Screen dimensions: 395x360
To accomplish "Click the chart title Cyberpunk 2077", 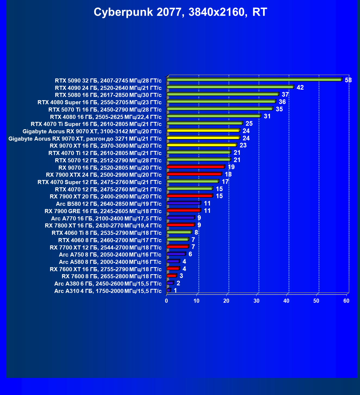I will [x=180, y=12].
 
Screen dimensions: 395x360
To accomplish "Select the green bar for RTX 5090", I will [x=254, y=80].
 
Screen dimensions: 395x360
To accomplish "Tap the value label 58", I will [x=348, y=80].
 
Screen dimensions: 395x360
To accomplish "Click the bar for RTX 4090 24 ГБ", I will [x=230, y=87].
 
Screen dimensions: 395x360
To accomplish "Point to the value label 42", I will [x=300, y=87].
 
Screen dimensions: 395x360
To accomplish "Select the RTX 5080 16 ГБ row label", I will [x=108, y=95].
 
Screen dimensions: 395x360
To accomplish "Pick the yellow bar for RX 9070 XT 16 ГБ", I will [x=202, y=145].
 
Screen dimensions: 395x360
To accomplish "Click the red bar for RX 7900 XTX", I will [x=194, y=174].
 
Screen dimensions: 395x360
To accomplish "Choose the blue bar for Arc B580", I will [x=183, y=203].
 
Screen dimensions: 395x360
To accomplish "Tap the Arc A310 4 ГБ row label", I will [x=108, y=291].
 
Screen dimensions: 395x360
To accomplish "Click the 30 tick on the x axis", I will [x=256, y=301].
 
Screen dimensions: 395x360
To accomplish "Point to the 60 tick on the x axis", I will [x=346, y=301].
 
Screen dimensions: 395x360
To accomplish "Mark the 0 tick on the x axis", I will [x=167, y=301].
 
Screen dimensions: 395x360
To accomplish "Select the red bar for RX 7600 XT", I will [x=173, y=268].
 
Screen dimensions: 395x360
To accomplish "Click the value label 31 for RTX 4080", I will [x=267, y=116].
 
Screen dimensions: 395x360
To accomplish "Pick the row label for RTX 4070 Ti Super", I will [x=96, y=124].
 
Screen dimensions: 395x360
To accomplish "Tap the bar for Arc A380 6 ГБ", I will [x=170, y=283].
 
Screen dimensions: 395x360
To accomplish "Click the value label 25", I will [x=249, y=124].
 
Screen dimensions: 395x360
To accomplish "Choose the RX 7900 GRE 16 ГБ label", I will [x=103, y=211].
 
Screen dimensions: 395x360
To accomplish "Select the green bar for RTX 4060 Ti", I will [x=179, y=232].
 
